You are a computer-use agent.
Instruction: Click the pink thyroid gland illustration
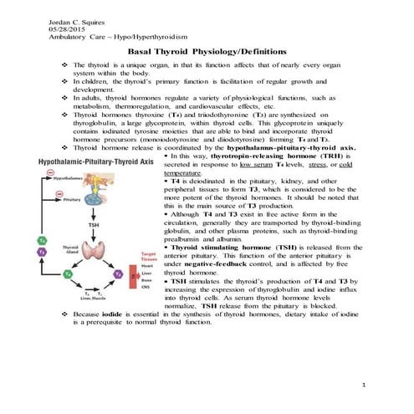point(84,251)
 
